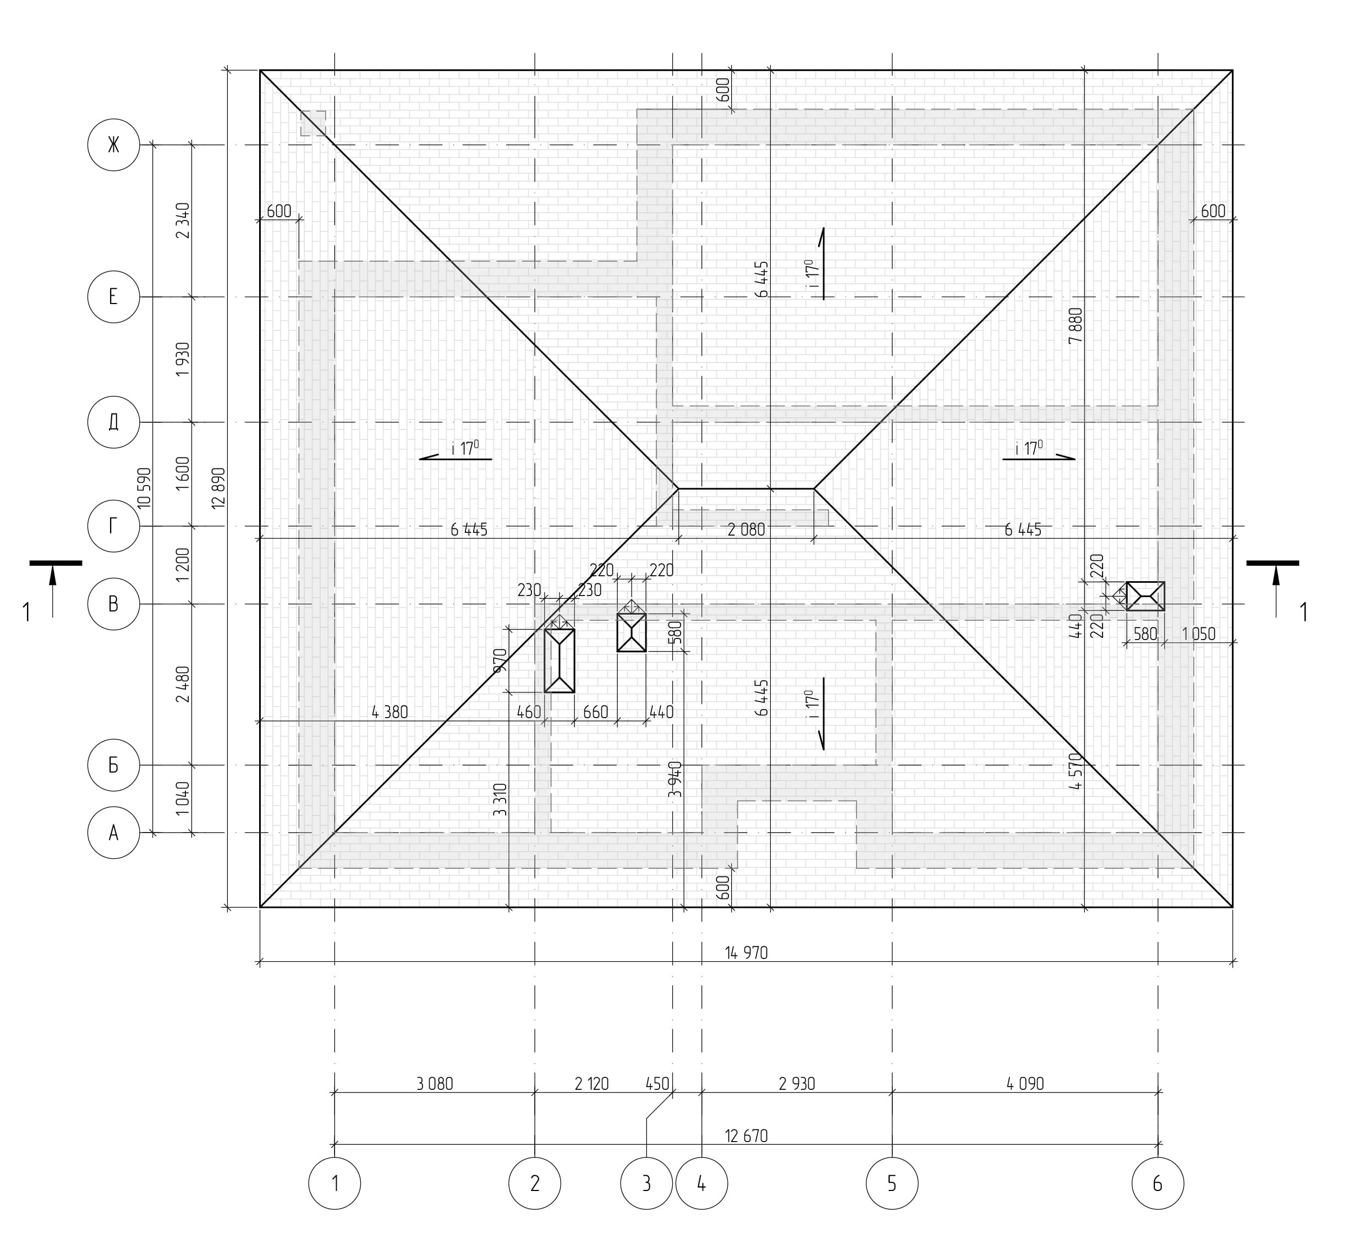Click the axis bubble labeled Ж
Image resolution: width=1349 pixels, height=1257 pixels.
(113, 145)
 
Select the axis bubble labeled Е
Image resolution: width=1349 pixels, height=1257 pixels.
(113, 296)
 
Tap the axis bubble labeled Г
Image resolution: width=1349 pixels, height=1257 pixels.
(113, 526)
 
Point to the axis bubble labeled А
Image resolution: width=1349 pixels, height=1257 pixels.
(113, 833)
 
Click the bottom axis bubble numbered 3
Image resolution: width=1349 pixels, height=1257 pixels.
(646, 1184)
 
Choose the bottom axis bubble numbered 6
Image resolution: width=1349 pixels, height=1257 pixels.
(1158, 1184)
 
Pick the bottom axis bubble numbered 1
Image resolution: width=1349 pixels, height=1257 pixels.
(334, 1184)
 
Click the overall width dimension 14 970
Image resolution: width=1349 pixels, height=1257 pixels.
(747, 953)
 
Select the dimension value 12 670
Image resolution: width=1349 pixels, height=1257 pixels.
(747, 1135)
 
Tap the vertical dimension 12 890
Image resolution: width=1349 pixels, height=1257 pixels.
(218, 488)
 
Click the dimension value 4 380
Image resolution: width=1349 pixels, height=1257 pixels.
(390, 712)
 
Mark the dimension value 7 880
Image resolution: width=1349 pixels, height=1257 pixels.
(1076, 326)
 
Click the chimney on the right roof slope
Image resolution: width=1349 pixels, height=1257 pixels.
(1145, 596)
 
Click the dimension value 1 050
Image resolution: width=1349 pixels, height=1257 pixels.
(1198, 634)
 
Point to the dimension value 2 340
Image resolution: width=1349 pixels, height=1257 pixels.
(183, 220)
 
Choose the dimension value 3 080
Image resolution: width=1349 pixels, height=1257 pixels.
(435, 1084)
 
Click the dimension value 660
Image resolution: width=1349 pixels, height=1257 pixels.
(596, 712)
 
